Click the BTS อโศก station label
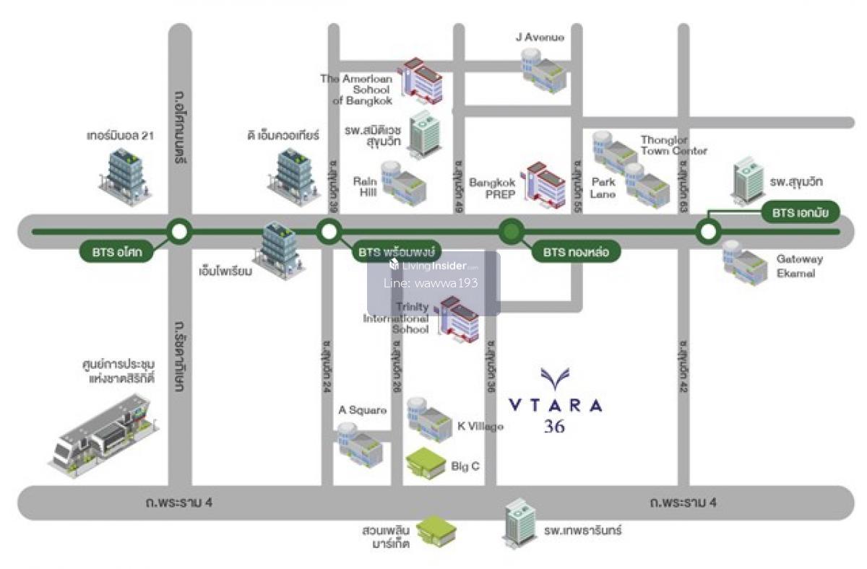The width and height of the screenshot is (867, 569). click(117, 253)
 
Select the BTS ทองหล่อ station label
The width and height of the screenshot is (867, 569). click(576, 253)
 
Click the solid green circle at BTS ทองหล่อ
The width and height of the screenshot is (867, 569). click(511, 232)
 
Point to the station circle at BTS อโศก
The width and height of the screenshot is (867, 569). click(179, 232)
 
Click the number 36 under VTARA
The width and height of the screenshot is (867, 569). click(555, 427)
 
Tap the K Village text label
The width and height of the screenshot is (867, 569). click(480, 426)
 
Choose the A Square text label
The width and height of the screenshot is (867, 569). click(363, 410)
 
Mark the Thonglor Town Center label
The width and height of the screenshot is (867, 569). click(673, 145)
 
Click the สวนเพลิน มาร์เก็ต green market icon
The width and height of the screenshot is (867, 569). click(436, 531)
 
